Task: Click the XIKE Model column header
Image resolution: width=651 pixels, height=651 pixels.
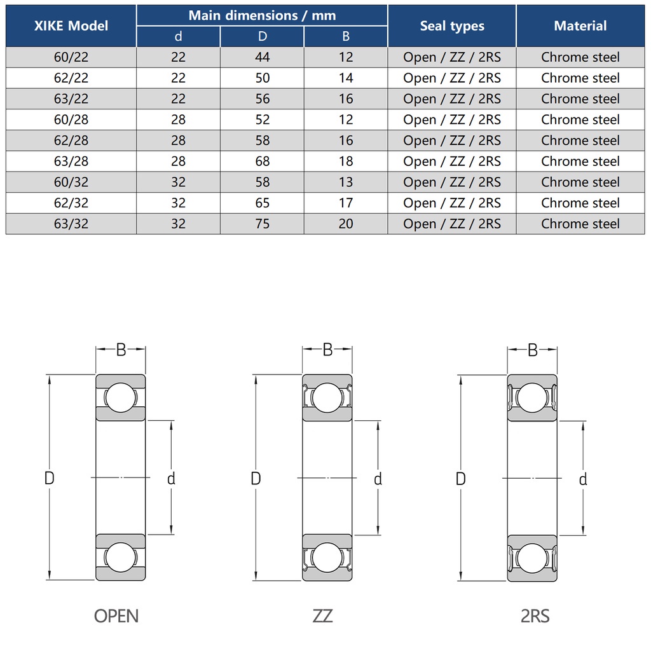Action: pyautogui.click(x=71, y=26)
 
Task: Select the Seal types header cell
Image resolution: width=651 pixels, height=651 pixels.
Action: pyautogui.click(x=452, y=26)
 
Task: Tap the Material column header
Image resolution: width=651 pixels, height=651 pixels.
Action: pyautogui.click(x=580, y=26)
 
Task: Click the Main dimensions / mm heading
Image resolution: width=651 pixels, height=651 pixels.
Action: pyautogui.click(x=262, y=15)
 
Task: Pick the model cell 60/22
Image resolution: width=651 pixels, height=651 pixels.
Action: pyautogui.click(x=71, y=57)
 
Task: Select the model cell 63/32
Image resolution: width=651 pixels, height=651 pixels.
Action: pyautogui.click(x=71, y=224)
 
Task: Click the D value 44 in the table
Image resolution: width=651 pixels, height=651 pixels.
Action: pyautogui.click(x=262, y=57)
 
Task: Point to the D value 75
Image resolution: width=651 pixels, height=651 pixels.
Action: pyautogui.click(x=262, y=224)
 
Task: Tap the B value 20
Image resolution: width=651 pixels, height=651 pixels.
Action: pyautogui.click(x=346, y=224)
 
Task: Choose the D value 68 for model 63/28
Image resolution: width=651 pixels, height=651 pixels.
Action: pyautogui.click(x=262, y=161)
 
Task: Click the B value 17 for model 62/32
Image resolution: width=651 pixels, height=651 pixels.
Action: pyautogui.click(x=346, y=203)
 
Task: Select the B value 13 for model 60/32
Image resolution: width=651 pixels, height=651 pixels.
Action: pyautogui.click(x=346, y=182)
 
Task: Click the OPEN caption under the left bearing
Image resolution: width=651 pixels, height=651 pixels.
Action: pyautogui.click(x=116, y=616)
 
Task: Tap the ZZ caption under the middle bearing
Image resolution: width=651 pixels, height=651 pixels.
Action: pyautogui.click(x=323, y=616)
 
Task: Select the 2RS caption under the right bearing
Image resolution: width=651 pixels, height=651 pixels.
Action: pyautogui.click(x=535, y=616)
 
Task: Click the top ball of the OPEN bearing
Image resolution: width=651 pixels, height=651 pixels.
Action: pyautogui.click(x=121, y=398)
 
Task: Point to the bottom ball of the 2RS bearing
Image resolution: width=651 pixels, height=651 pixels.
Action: pyautogui.click(x=532, y=558)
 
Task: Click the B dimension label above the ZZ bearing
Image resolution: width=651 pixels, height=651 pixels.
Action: pyautogui.click(x=327, y=349)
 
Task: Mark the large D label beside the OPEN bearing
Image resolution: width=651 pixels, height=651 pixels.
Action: pyautogui.click(x=50, y=478)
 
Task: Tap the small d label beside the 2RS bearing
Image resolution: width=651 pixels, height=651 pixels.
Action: pyautogui.click(x=583, y=479)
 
